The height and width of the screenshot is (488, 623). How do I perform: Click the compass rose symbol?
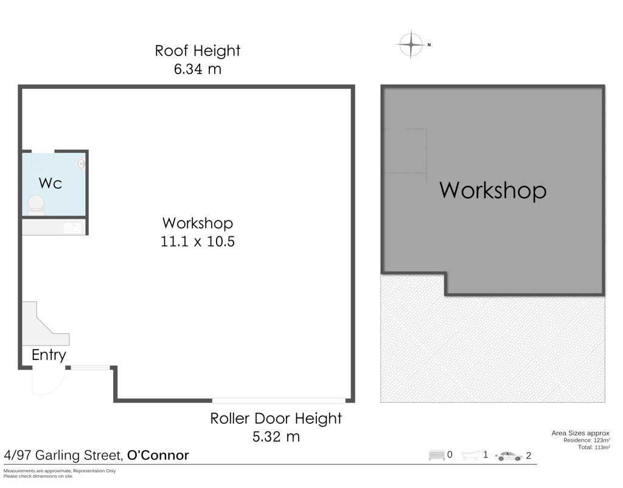click(411, 44)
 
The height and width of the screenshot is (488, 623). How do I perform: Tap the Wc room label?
click(50, 183)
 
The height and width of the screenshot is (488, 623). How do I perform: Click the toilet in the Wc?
click(36, 205)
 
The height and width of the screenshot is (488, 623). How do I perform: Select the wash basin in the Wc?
click(81, 164)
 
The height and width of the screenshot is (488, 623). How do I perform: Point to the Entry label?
click(49, 355)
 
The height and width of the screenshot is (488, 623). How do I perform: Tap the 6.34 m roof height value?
click(198, 69)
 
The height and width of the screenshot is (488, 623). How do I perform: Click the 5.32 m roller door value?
click(276, 436)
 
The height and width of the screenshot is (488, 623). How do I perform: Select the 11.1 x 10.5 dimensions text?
click(198, 241)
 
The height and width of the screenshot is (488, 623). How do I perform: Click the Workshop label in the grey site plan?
click(493, 190)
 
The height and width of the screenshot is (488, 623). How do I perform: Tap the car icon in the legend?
click(508, 456)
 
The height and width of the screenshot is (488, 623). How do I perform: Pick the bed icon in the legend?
click(436, 455)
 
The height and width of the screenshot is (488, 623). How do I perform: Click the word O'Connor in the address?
click(158, 455)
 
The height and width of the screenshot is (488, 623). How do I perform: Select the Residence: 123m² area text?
click(586, 440)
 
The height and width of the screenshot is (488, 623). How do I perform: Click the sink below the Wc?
click(73, 228)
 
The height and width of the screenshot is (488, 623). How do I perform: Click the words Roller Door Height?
click(276, 419)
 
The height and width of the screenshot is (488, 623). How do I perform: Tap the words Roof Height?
click(198, 51)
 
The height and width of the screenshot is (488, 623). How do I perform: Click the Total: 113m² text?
click(594, 447)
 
